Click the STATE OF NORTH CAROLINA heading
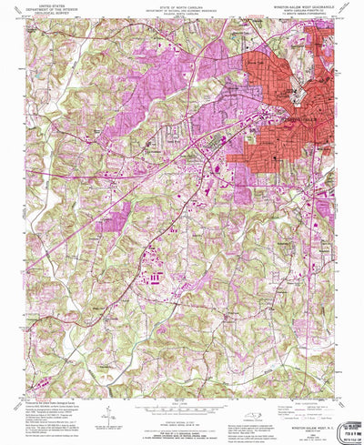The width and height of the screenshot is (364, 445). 179,5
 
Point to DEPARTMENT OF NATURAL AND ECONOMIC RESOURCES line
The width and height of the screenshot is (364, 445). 179,9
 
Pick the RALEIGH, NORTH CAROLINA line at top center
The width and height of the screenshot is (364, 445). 179,14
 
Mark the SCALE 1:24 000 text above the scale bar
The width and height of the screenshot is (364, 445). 179,399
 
